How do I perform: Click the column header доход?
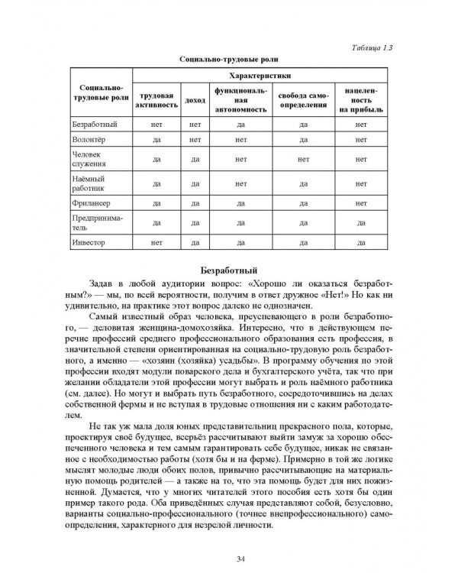195,99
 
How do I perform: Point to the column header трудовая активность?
156,99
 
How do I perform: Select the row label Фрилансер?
90,202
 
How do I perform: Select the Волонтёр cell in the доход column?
195,140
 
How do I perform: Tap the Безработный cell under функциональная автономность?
240,122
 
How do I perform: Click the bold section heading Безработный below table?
228,269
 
